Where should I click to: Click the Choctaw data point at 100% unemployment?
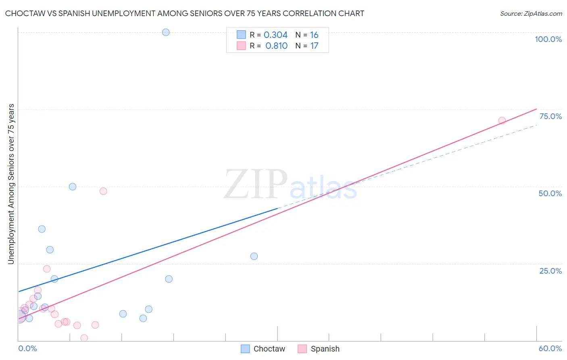[166, 32]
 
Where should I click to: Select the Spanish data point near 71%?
[502, 121]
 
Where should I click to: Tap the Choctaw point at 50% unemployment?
[73, 186]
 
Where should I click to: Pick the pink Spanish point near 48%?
[103, 191]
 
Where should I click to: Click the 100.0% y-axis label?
[548, 39]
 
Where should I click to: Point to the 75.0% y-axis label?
[550, 116]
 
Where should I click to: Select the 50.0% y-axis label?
[550, 193]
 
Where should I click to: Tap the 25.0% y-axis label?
[550, 271]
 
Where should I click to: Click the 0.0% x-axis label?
[27, 348]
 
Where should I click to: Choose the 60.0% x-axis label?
[550, 348]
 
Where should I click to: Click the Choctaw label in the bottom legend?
[269, 349]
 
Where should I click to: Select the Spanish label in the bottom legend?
[325, 349]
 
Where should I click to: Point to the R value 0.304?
[275, 35]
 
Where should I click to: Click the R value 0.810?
[276, 46]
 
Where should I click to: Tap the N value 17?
[314, 46]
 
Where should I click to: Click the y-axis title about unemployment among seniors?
[11, 184]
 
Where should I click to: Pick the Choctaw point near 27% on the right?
[254, 256]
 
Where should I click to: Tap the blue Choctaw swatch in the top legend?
[241, 35]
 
